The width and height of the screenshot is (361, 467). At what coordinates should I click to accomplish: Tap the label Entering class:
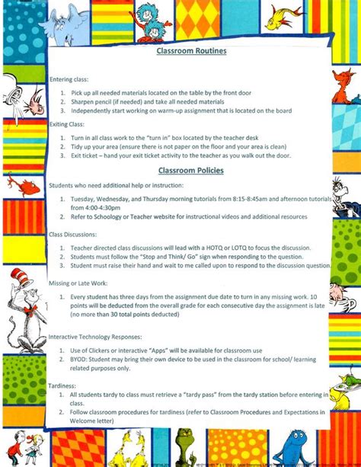69,78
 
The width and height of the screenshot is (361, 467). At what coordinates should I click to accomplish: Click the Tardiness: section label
63,385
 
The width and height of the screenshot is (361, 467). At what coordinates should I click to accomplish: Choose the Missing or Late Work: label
78,282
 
